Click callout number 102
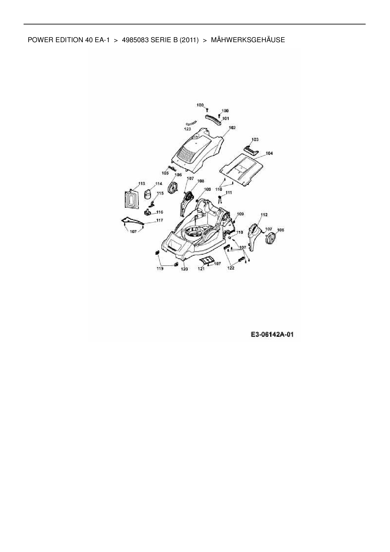(x=232, y=128)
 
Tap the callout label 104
(x=269, y=153)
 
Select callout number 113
(x=142, y=183)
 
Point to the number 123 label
(x=187, y=129)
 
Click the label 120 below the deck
(x=184, y=269)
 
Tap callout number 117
(x=159, y=220)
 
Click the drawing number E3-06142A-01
(x=272, y=335)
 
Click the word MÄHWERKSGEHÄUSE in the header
(x=248, y=40)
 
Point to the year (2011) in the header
(x=189, y=40)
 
